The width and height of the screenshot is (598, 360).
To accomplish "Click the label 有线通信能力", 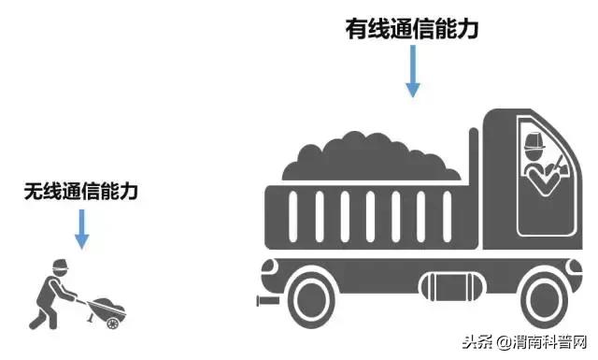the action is coord(411,29).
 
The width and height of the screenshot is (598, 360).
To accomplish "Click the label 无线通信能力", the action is coord(81,193).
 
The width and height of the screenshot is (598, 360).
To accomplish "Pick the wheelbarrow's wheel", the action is coord(113,323).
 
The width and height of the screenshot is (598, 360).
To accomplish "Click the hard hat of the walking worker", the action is coord(57,263).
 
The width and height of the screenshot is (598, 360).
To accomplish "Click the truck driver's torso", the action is coord(537,178).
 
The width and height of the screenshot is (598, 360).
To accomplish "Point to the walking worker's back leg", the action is coord(39,313).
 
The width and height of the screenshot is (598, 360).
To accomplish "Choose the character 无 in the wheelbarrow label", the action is coord(35,193).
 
